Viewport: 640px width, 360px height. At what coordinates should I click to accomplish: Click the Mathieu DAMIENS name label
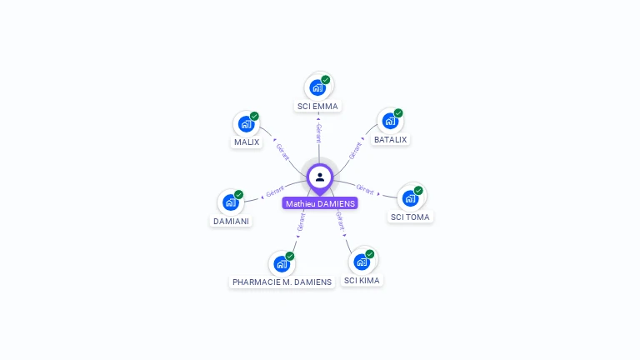(x=320, y=203)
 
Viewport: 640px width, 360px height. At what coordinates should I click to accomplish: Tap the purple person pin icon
(x=320, y=177)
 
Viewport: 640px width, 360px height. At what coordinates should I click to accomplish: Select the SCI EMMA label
(x=317, y=106)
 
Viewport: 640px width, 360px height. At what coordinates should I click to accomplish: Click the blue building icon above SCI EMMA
(x=317, y=87)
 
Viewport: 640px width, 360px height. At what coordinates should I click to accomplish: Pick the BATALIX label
(x=390, y=139)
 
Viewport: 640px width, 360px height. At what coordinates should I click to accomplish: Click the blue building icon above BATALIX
(x=389, y=121)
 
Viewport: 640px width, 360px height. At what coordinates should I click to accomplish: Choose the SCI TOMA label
(x=411, y=217)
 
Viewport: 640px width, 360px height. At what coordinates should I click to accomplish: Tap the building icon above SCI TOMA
(x=410, y=198)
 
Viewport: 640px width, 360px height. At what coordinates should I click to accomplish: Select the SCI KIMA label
(x=362, y=280)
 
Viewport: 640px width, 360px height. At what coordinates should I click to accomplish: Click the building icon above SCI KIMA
(x=362, y=262)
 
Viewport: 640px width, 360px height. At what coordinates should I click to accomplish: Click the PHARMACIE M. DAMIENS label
(x=282, y=282)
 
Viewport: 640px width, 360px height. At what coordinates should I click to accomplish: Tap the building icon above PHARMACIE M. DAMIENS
(x=282, y=263)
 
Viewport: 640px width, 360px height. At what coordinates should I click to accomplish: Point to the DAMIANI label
(x=231, y=221)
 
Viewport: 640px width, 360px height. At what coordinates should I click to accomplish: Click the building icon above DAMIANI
(x=231, y=202)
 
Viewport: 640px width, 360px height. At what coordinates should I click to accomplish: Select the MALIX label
(x=246, y=142)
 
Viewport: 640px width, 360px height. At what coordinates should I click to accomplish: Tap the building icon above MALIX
(x=246, y=123)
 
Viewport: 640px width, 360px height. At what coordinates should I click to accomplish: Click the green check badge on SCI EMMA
(x=326, y=80)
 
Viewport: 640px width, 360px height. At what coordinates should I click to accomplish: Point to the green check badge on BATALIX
(x=398, y=113)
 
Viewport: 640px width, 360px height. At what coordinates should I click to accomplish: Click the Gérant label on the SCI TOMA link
(x=365, y=188)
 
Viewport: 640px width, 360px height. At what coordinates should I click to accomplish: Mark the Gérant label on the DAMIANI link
(x=275, y=191)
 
